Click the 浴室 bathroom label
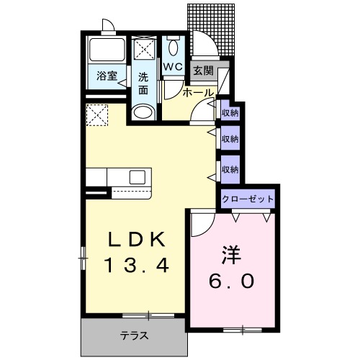point(107,76)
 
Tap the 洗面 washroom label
point(143,83)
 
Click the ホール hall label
point(197,93)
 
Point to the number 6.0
point(232,281)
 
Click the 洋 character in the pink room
point(230,254)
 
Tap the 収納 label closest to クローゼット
point(230,169)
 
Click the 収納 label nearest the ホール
point(230,112)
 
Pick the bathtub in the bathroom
point(107,50)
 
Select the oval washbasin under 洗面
point(144,112)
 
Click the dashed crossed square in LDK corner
point(96,114)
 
